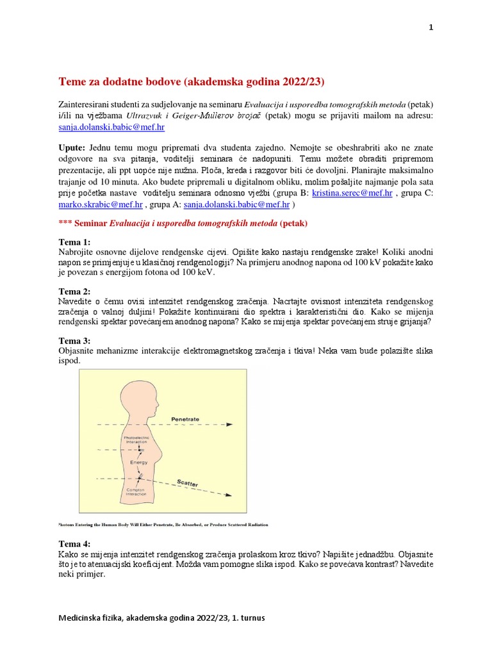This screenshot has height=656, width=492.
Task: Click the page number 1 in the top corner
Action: [430, 28]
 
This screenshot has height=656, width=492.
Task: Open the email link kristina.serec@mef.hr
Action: [352, 192]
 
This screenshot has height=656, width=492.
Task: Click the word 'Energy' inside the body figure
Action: [139, 461]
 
